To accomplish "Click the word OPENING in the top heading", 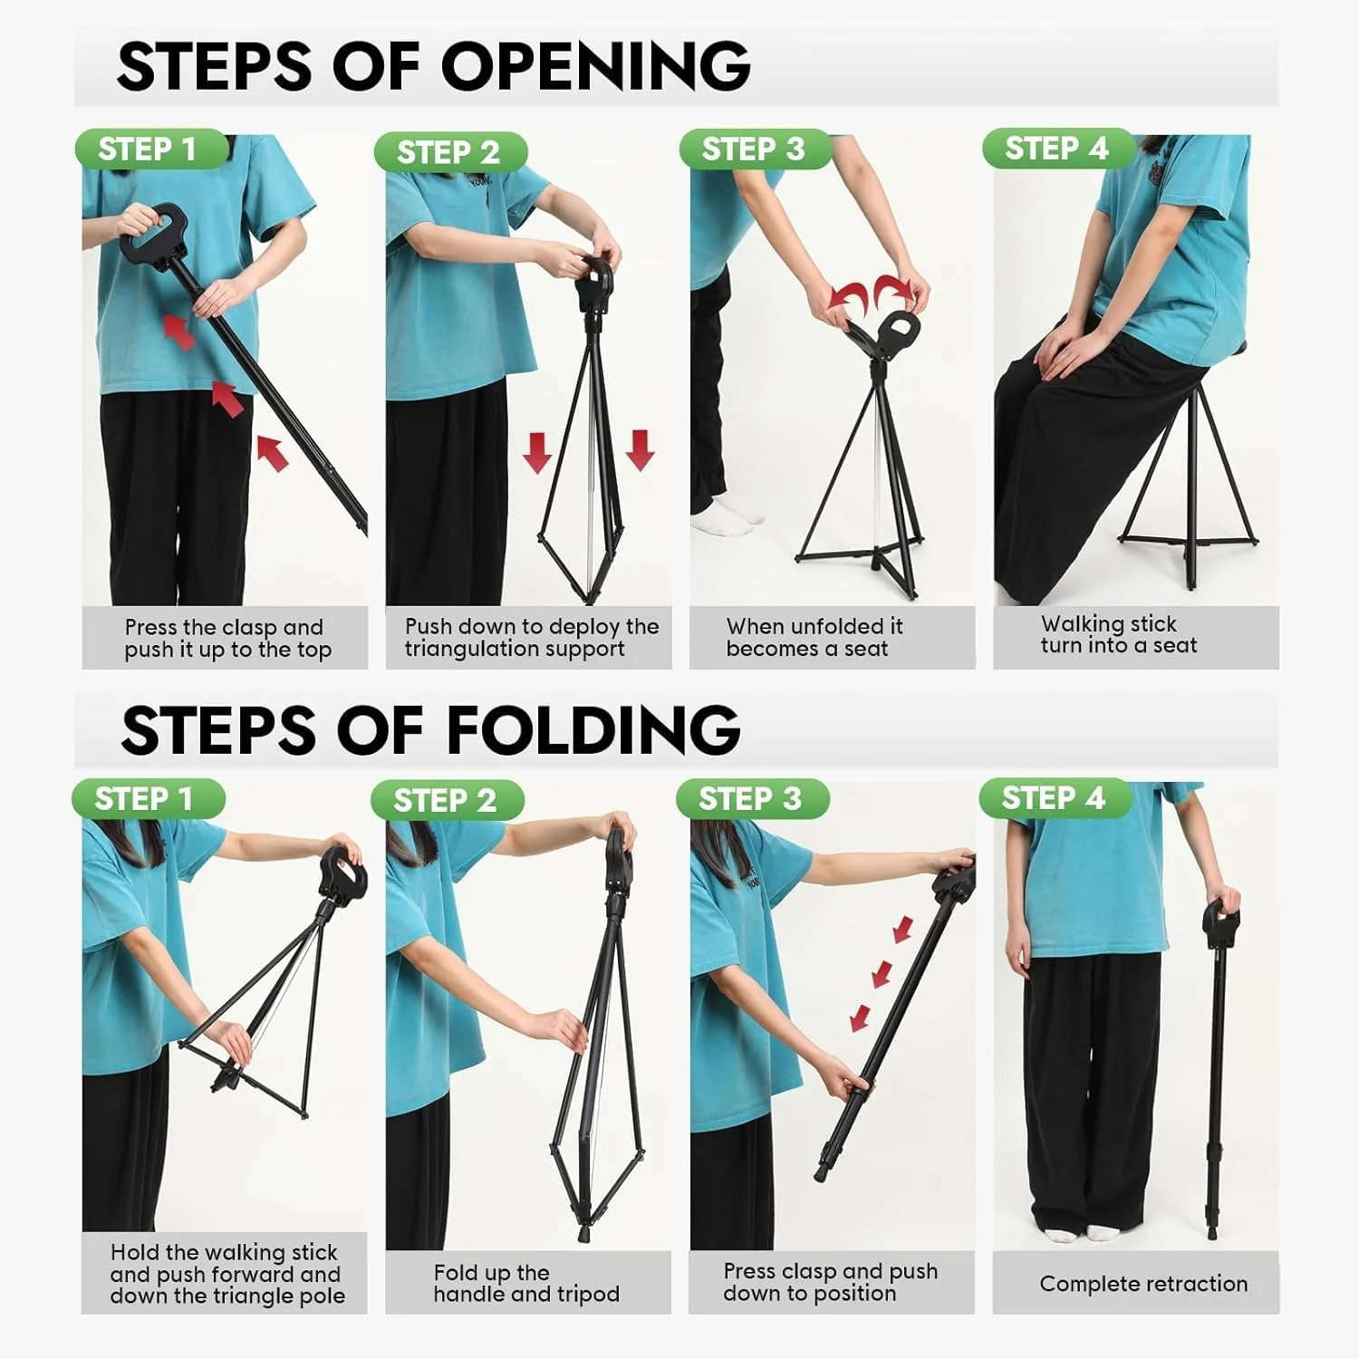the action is click(x=595, y=66).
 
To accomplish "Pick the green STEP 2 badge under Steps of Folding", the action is click(x=448, y=801).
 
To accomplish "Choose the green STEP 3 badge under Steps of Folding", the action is click(x=752, y=799).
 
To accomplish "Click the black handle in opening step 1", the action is click(x=153, y=232).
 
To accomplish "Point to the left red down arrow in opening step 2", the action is click(x=537, y=452).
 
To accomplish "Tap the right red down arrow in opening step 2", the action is click(x=640, y=450).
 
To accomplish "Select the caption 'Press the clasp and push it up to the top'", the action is click(x=227, y=639).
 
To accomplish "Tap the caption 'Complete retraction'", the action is click(x=1143, y=1284).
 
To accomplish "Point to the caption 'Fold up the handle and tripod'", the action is click(x=526, y=1284).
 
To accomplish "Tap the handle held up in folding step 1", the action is click(x=343, y=871).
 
